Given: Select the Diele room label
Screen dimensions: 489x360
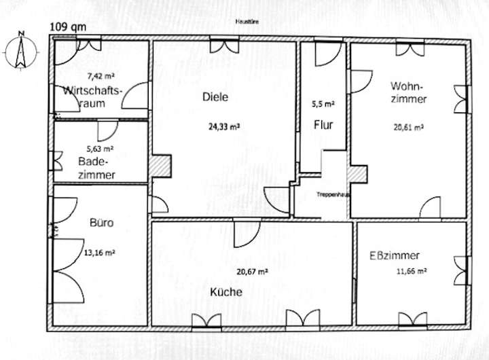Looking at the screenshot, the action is point(215,96).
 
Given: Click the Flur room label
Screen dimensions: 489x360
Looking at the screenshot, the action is point(322,125).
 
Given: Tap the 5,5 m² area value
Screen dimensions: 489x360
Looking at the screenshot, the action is point(323,105).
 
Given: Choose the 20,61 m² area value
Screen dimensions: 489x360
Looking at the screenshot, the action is point(409,126).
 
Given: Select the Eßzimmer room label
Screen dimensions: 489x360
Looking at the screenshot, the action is point(394,255).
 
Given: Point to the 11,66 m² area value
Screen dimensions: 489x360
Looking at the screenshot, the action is point(412,270).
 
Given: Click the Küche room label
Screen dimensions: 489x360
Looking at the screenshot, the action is point(226,293).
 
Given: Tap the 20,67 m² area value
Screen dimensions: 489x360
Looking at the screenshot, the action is point(252,272).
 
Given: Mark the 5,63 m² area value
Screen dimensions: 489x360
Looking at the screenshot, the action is point(99,148).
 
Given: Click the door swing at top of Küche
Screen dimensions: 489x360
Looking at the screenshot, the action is point(243,234).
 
